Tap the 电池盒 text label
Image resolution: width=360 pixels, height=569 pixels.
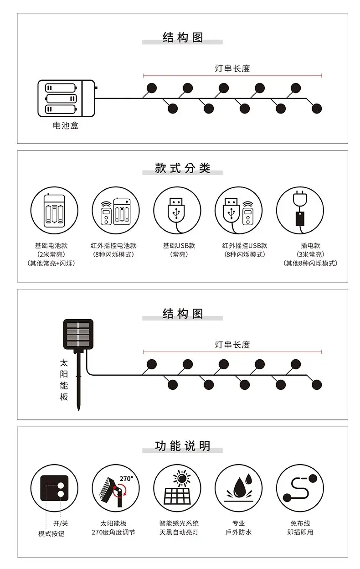click(66, 125)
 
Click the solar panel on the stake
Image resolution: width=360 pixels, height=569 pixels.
click(78, 334)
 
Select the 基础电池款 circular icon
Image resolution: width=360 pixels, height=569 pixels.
click(54, 211)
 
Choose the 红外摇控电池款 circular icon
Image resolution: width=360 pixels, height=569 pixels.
click(116, 211)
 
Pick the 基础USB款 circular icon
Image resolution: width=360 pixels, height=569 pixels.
click(177, 211)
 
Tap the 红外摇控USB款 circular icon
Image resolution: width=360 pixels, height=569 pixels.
click(239, 211)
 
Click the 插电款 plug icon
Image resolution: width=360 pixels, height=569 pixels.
click(300, 211)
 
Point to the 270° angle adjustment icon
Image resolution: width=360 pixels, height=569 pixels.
click(116, 488)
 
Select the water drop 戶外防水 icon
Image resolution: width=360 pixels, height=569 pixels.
click(239, 488)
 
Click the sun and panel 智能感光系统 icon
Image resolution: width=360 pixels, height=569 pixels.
click(177, 488)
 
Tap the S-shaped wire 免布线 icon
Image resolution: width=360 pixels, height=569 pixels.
click(300, 488)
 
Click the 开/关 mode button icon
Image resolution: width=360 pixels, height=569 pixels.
click(54, 488)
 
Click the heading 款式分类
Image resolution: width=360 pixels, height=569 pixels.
click(183, 168)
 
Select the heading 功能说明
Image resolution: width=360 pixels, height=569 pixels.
click(183, 446)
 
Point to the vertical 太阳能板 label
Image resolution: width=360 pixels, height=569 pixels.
click(64, 380)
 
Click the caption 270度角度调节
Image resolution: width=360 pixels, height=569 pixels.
click(113, 532)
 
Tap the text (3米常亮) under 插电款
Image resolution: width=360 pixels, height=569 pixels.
click(310, 254)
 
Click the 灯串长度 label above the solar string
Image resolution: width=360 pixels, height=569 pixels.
click(232, 345)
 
